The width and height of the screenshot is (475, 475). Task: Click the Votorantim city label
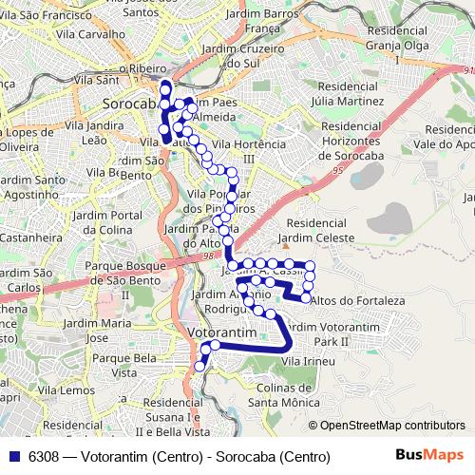223,333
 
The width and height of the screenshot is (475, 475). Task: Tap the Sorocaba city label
128,104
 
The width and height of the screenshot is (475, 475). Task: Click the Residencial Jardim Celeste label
319,230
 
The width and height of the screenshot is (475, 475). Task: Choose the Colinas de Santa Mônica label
282,394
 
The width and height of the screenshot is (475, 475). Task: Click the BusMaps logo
429,456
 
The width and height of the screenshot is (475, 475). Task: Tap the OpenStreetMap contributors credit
391,426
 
